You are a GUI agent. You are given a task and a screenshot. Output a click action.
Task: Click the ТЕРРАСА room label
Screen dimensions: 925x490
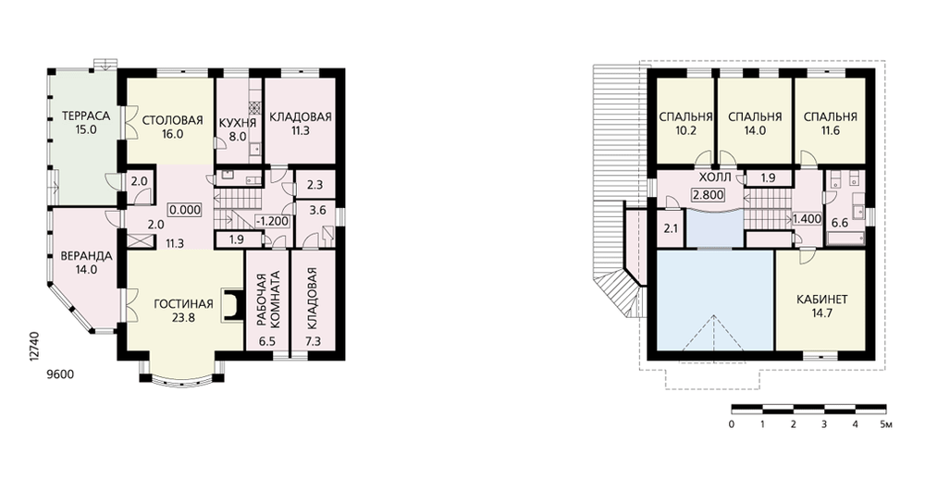click(85, 116)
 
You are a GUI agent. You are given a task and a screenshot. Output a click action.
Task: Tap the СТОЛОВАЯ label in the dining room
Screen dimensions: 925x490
click(172, 120)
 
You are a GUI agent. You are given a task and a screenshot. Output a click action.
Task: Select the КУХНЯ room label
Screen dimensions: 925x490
click(237, 123)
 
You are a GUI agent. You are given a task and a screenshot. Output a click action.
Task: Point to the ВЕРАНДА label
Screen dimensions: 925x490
click(86, 256)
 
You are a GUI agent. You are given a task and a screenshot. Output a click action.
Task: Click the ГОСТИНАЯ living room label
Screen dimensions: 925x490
click(183, 304)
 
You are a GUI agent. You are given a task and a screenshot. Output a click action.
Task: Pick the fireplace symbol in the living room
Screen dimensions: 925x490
click(232, 305)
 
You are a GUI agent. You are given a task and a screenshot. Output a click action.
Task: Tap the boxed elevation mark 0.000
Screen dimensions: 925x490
click(185, 209)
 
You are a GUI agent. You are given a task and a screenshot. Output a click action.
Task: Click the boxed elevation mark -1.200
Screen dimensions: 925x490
click(273, 222)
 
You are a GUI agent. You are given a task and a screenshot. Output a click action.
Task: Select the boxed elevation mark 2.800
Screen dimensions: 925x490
click(708, 195)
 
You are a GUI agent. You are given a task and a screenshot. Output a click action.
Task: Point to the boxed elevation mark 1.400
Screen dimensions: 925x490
click(807, 219)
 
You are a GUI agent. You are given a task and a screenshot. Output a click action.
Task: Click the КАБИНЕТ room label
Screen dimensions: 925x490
click(821, 300)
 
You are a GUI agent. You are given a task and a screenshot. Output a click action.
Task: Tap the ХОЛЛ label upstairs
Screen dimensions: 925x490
click(714, 178)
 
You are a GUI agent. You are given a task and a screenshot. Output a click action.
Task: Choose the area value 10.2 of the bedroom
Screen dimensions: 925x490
click(685, 131)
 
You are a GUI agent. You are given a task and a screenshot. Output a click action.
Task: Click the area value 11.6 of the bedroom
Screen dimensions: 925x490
click(830, 131)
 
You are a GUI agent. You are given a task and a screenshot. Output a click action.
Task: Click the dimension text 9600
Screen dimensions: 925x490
click(61, 374)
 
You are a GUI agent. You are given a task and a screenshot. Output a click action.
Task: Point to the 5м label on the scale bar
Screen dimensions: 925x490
click(886, 424)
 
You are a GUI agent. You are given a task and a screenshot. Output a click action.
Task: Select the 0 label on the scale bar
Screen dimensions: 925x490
click(732, 424)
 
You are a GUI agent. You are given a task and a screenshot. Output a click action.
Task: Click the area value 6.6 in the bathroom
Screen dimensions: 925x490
click(839, 223)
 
